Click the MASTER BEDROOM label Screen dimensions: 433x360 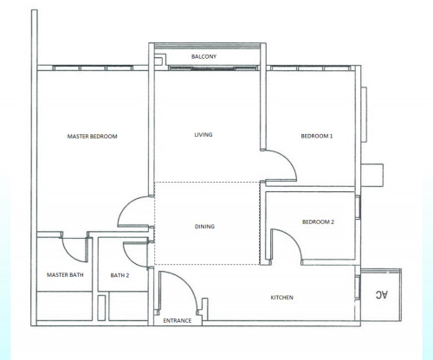tap(92, 136)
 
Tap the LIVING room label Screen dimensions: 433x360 tap(204, 134)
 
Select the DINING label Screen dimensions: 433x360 tap(204, 227)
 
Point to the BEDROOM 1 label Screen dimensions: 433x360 tap(317, 136)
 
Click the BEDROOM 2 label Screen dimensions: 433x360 tap(318, 222)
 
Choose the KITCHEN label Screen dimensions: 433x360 tap(282, 298)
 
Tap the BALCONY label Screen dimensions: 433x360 tap(204, 56)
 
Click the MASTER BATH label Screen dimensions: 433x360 tap(65, 275)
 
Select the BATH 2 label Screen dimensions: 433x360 tap(120, 275)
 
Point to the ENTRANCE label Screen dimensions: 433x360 tap(178, 320)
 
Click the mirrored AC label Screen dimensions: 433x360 tap(382, 294)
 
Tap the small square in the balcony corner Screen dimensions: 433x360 tap(158, 61)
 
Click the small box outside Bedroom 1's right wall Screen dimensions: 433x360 tap(372, 176)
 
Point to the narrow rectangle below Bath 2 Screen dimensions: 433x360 tap(101, 308)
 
